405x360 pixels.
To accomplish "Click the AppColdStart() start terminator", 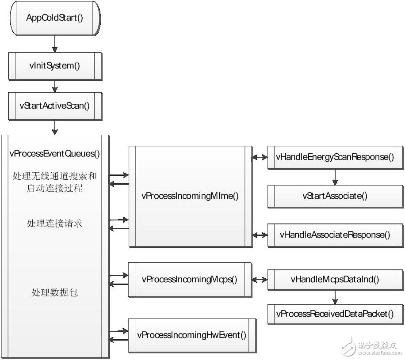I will [x=55, y=18].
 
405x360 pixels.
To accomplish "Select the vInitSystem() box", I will [x=55, y=66].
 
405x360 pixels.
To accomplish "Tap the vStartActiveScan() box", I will [x=55, y=106].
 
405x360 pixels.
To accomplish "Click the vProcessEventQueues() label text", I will [x=55, y=154].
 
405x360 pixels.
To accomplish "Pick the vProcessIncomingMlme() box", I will [x=190, y=196].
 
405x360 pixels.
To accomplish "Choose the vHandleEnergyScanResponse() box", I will [x=335, y=157].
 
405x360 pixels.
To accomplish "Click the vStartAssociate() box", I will [x=335, y=196].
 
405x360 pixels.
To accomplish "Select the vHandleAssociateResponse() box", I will [x=335, y=235].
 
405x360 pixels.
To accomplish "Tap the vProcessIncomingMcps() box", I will [x=190, y=279].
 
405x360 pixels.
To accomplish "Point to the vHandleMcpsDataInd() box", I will [x=335, y=279].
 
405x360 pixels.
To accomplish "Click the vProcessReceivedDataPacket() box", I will [x=335, y=314].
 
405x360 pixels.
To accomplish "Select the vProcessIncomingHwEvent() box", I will [x=192, y=334].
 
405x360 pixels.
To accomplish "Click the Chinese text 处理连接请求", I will [x=55, y=224].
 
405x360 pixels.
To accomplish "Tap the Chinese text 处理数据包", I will [x=55, y=292].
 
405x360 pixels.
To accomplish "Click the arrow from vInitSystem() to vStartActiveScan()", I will [x=55, y=86].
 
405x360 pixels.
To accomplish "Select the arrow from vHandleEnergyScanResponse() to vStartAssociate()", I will [x=335, y=176].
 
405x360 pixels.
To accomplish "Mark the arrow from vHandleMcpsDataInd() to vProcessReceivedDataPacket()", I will [x=335, y=296].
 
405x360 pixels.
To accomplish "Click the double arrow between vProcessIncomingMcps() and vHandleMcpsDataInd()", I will [x=260, y=279].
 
